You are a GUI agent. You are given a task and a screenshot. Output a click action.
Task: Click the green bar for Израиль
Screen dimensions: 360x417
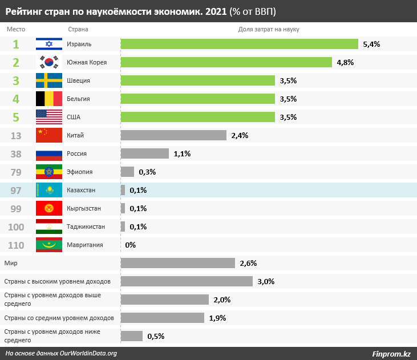[239, 44]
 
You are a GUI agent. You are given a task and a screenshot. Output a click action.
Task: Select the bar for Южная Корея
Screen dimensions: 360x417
[226, 62]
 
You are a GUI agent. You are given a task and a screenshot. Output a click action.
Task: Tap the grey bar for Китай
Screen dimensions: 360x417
[174, 135]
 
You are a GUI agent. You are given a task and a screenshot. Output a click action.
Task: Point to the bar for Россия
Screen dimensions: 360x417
[145, 153]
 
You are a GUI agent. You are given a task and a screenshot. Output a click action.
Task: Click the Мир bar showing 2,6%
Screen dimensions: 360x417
[178, 263]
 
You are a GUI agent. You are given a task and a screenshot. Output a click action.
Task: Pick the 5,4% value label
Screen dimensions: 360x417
[371, 44]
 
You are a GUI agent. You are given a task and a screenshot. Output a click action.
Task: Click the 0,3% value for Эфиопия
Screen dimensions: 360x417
[147, 172]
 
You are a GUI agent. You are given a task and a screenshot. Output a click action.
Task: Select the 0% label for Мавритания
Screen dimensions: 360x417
[130, 245]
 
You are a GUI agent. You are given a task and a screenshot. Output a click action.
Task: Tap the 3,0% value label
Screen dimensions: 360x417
[266, 281]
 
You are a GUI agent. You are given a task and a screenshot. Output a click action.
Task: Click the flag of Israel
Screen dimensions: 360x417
[49, 44]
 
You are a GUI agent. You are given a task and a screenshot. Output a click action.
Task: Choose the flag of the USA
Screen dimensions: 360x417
[49, 117]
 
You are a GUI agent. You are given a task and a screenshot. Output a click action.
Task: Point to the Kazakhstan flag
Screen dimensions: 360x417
[49, 190]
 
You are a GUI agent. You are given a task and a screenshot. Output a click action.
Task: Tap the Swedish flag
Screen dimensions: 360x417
[49, 80]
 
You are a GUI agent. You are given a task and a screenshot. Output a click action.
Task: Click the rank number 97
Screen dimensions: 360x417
[16, 190]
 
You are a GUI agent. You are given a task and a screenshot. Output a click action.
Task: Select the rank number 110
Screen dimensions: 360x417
[16, 245]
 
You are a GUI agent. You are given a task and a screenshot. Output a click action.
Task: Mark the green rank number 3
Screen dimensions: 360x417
[16, 80]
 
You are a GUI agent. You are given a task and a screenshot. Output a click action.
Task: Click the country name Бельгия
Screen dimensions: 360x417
[79, 99]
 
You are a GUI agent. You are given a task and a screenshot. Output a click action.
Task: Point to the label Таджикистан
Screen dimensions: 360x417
[86, 226]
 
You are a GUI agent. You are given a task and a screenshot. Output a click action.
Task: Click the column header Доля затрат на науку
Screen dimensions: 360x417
[269, 29]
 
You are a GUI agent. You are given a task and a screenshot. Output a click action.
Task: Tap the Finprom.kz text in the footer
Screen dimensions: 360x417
[391, 354]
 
